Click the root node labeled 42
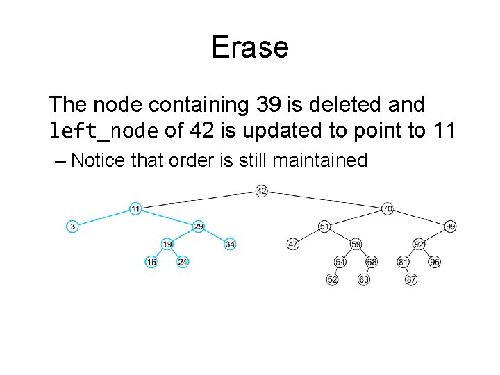(x=261, y=190)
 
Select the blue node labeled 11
(x=135, y=208)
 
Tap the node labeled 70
(x=387, y=208)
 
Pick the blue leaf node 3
(x=72, y=226)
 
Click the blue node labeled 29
(x=199, y=226)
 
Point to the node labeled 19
(x=167, y=244)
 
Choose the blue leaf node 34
(x=230, y=244)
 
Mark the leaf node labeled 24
(x=183, y=262)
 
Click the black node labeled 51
(x=324, y=226)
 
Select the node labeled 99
(x=451, y=226)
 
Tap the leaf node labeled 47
(x=292, y=244)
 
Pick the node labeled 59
(x=356, y=244)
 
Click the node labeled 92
(x=419, y=244)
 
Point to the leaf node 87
(x=412, y=279)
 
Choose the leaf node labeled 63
(x=364, y=279)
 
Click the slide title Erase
(x=249, y=47)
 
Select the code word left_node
(x=103, y=130)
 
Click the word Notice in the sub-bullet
(x=98, y=160)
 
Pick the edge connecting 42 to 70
(x=324, y=199)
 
